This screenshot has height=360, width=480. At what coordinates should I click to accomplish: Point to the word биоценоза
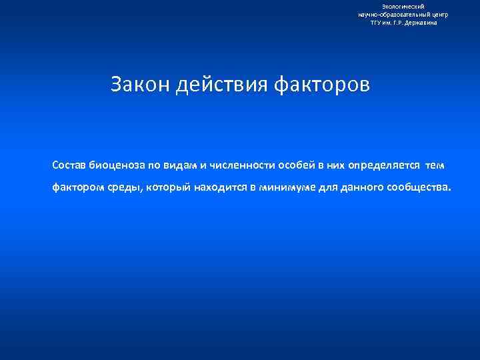[x=116, y=165]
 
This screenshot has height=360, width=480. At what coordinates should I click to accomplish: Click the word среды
[x=125, y=187]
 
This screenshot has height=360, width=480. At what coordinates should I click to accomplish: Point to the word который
[x=169, y=187]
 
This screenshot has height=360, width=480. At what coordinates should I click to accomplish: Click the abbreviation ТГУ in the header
[x=377, y=22]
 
